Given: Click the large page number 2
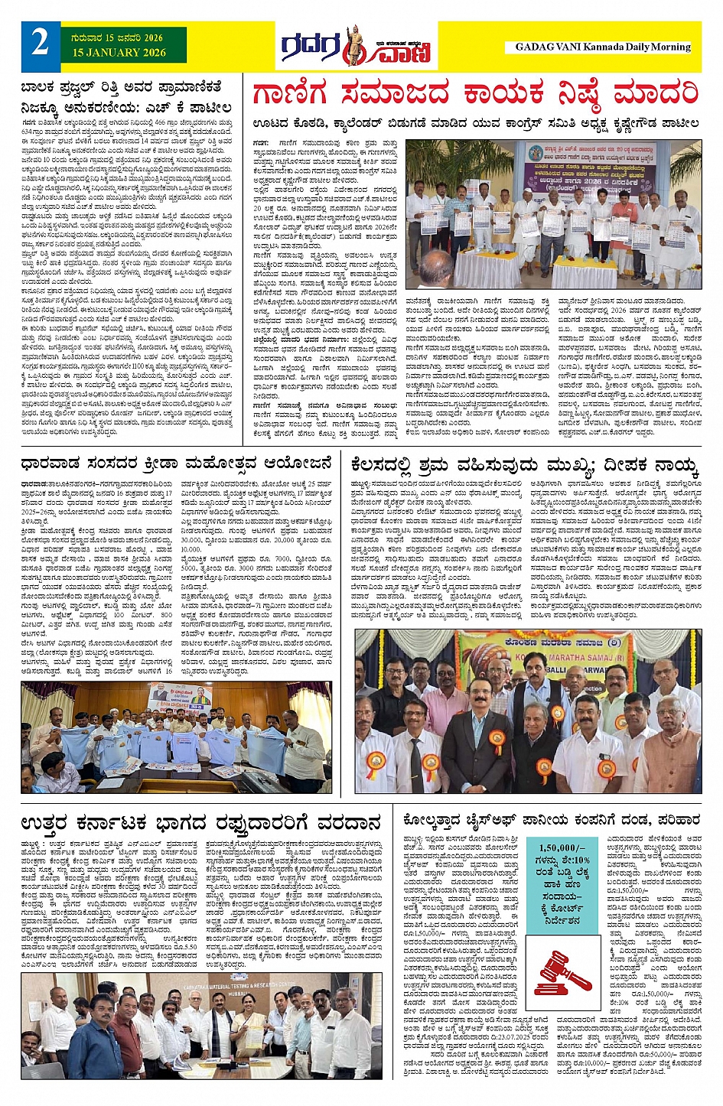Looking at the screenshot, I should [39, 43].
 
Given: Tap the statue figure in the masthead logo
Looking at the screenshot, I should [353, 45].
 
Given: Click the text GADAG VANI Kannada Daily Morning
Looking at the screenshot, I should [602, 47].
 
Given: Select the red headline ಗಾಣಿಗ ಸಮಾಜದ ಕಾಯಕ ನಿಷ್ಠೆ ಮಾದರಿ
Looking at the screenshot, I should [475, 94].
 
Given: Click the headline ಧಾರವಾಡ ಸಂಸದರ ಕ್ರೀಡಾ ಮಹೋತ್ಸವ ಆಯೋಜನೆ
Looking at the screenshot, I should [177, 463].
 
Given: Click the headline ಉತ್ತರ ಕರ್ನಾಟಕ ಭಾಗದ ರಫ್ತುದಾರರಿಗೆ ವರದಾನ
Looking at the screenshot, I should [201, 823].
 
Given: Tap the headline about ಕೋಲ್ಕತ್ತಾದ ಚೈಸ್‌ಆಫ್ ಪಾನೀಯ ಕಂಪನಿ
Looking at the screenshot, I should [551, 820].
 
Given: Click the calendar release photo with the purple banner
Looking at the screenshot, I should [552, 213].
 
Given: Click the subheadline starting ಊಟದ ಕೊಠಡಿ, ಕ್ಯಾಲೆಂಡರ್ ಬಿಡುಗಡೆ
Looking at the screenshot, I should [475, 122].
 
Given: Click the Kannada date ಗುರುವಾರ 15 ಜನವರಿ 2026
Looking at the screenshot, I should [123, 37].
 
